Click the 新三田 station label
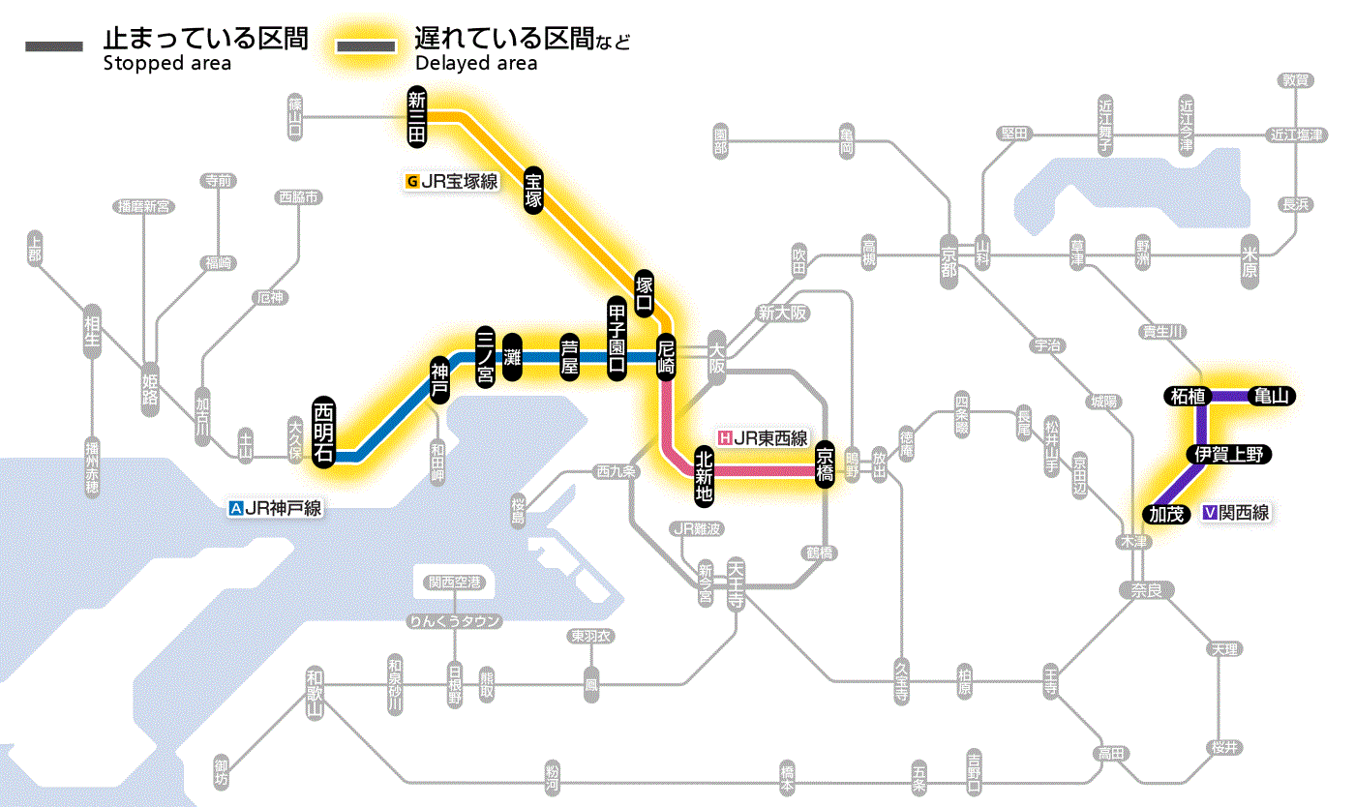tap(417, 117)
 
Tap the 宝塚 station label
tap(533, 191)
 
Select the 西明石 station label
tap(323, 432)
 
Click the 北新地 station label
tap(705, 475)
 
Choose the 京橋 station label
tap(825, 465)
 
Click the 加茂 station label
tap(1166, 514)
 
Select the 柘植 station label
tap(1188, 396)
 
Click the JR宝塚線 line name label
tap(452, 181)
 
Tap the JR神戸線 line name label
tap(275, 507)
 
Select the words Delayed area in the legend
tap(476, 64)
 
